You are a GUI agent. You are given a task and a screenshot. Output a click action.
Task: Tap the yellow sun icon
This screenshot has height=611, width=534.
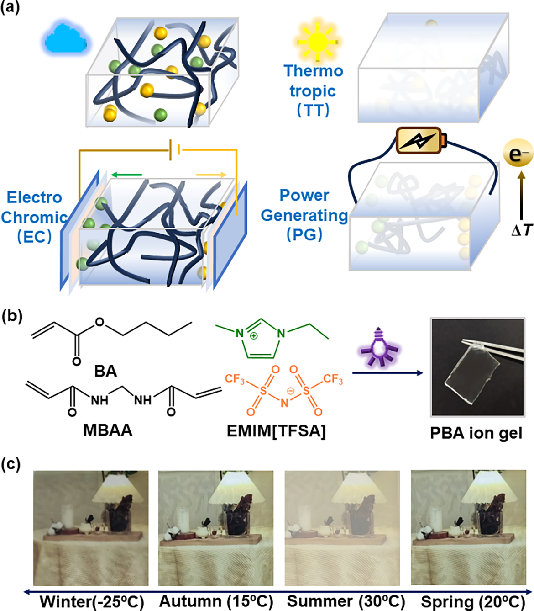pyautogui.click(x=317, y=42)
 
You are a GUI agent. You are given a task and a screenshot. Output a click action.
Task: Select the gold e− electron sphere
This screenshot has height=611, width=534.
pyautogui.click(x=518, y=154)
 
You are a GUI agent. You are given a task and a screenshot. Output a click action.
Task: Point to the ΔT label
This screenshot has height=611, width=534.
pyautogui.click(x=522, y=230)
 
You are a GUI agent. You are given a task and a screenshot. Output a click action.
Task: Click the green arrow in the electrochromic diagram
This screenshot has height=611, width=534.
pyautogui.click(x=126, y=175)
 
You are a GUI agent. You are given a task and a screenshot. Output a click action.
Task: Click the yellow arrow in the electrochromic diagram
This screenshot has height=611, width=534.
pyautogui.click(x=211, y=175)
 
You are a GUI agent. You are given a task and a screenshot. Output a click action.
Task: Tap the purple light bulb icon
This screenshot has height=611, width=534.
pyautogui.click(x=378, y=348)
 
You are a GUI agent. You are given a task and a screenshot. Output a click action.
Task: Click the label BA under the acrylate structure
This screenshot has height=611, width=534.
pyautogui.click(x=105, y=371)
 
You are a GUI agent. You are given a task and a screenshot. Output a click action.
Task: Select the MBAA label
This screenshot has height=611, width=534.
pyautogui.click(x=108, y=430)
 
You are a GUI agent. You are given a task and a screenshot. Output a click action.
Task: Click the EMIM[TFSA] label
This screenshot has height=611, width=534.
pyautogui.click(x=276, y=431)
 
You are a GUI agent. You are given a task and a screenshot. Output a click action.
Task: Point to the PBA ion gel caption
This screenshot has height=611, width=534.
pyautogui.click(x=476, y=433)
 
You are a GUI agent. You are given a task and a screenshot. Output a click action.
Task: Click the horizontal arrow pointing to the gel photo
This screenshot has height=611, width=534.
pyautogui.click(x=387, y=373)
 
